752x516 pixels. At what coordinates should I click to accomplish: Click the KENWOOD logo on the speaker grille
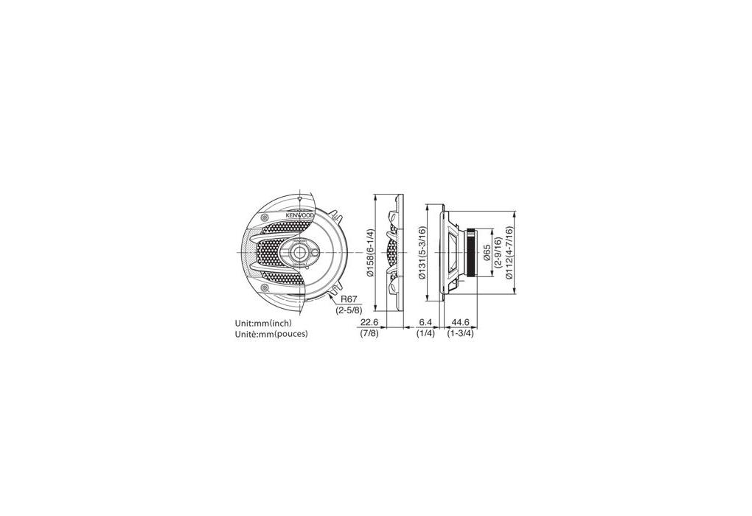tap(300, 215)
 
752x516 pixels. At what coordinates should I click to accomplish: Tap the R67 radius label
tap(349, 300)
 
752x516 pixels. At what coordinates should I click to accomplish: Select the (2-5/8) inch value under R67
tap(349, 310)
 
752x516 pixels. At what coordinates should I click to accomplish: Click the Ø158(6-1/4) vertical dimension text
tap(370, 252)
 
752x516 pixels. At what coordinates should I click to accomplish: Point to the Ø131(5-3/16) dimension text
tap(422, 253)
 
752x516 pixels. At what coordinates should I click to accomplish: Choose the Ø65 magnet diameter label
tap(487, 252)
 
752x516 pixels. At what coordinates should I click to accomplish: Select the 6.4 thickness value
tap(425, 323)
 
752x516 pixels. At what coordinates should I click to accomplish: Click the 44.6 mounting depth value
tap(460, 323)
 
